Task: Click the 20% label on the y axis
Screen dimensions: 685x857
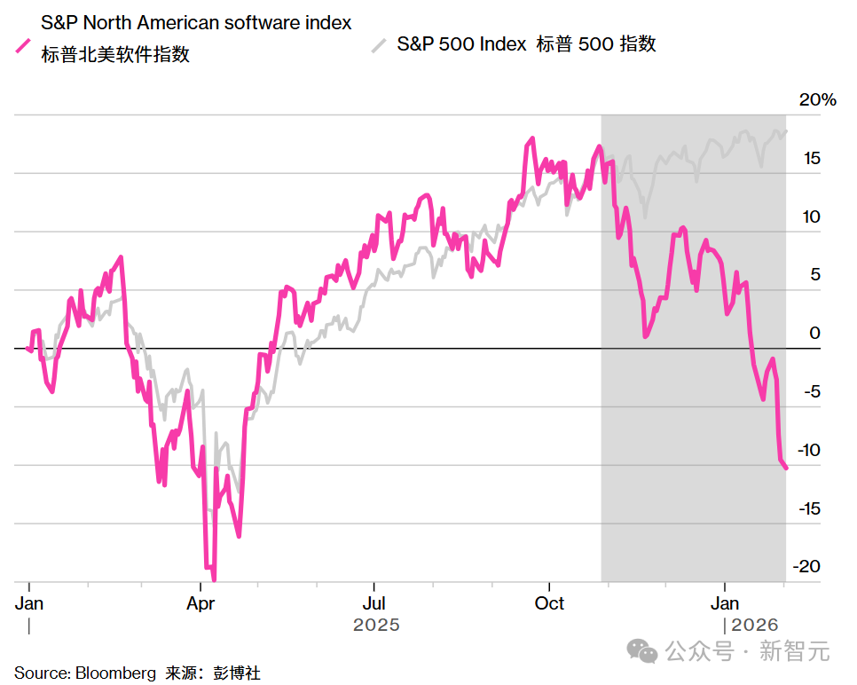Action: [x=817, y=100]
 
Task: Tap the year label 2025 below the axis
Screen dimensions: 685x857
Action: [x=376, y=625]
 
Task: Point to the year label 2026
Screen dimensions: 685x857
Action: [x=754, y=625]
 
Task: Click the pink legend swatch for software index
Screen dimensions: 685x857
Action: [x=23, y=47]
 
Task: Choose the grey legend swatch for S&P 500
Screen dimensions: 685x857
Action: [x=379, y=44]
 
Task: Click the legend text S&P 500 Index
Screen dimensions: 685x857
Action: [x=461, y=44]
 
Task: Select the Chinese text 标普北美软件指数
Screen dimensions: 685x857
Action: [x=115, y=55]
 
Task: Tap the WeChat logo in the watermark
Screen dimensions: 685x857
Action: [x=642, y=652]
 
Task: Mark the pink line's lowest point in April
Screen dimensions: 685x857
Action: [x=214, y=579]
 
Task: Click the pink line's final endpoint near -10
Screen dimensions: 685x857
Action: [x=786, y=468]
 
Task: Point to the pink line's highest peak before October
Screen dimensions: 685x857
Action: [x=531, y=138]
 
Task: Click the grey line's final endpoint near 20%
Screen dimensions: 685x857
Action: [x=786, y=131]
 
